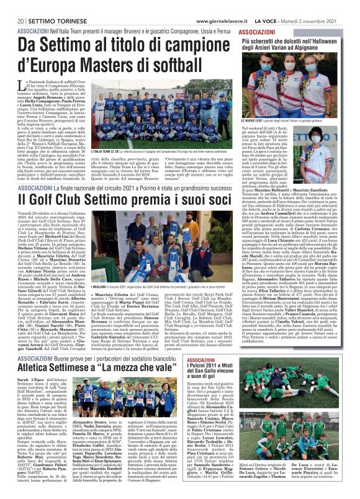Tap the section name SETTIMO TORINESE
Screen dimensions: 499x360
pyautogui.click(x=44, y=5)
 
